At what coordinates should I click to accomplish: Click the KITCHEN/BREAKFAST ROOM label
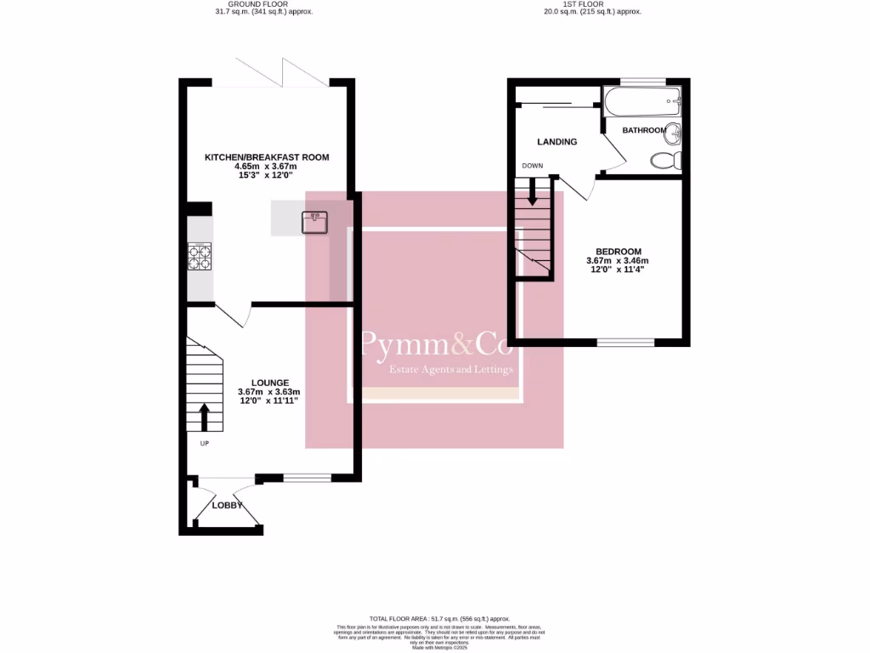(x=266, y=157)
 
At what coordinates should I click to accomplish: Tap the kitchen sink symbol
(x=314, y=221)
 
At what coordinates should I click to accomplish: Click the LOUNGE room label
(x=269, y=383)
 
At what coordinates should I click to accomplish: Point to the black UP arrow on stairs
(x=204, y=417)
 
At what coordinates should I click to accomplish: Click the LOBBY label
(x=227, y=505)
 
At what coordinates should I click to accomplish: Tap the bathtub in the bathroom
(x=641, y=103)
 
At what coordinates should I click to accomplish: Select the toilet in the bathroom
(x=665, y=160)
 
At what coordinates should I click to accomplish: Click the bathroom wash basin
(x=672, y=133)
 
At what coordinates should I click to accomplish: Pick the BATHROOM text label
(x=643, y=130)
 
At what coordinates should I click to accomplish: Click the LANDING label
(x=557, y=142)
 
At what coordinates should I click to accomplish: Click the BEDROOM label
(x=618, y=252)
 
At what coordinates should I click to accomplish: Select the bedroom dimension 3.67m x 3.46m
(x=618, y=261)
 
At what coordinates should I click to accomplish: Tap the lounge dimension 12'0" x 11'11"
(x=269, y=401)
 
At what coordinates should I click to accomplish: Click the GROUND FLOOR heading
(x=264, y=4)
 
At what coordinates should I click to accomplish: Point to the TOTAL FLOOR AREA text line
(x=438, y=619)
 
